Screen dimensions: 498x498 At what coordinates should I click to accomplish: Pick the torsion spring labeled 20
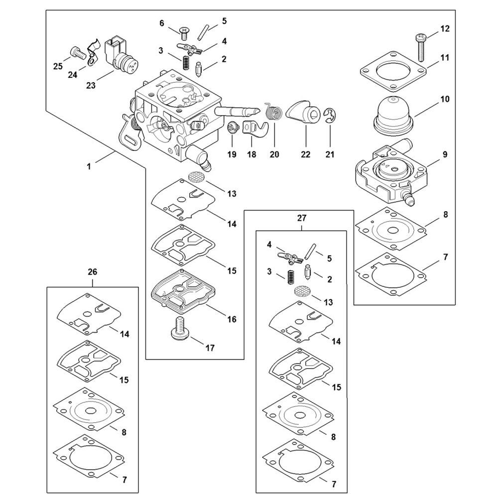pyautogui.click(x=273, y=111)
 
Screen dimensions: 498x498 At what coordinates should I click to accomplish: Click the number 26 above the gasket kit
pyautogui.click(x=93, y=272)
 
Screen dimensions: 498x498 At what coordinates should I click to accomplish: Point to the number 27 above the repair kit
pyautogui.click(x=302, y=218)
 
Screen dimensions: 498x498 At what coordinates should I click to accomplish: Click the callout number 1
pyautogui.click(x=89, y=167)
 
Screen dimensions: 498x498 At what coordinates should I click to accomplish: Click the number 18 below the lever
pyautogui.click(x=252, y=155)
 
